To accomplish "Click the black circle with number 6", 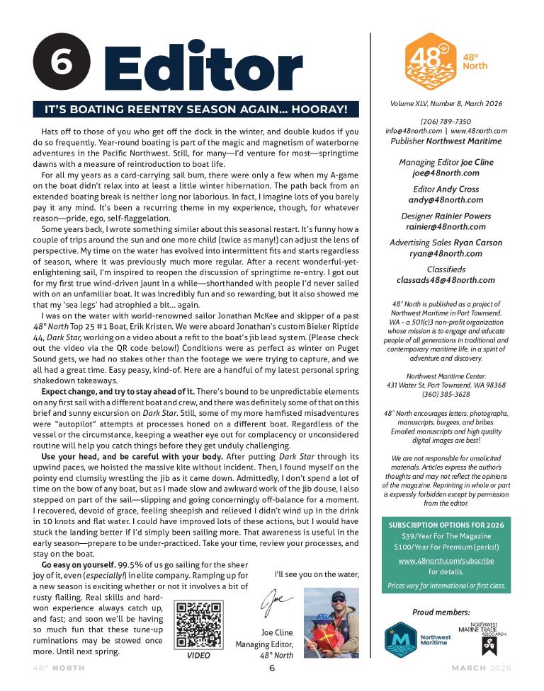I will coord(62,62).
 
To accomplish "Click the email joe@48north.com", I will coord(446,173).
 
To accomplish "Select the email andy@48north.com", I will coord(446,199).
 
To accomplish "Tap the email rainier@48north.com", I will coord(446,227).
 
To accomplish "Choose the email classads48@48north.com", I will coord(446,280).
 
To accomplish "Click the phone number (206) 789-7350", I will coord(446,121).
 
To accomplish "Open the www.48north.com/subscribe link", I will coord(446,560).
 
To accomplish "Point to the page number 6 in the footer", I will coord(271,668).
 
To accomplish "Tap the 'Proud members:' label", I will coord(446,611).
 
